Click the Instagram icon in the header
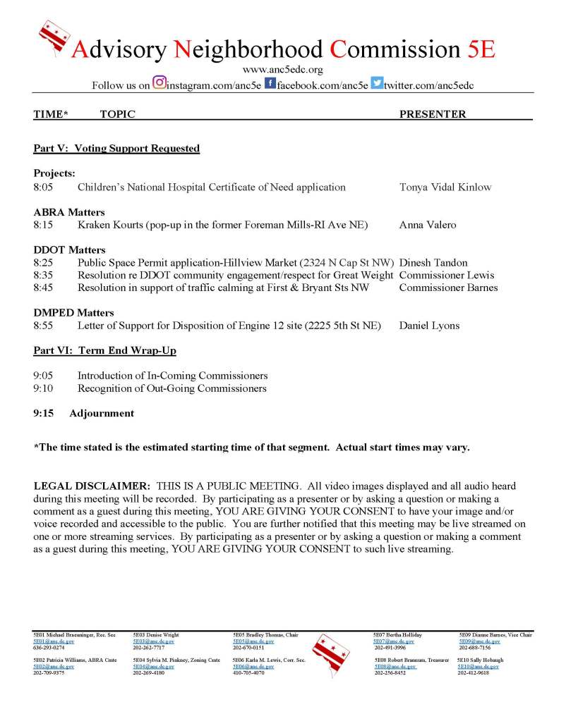(x=159, y=82)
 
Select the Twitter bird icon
(x=377, y=83)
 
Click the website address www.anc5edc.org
(x=282, y=70)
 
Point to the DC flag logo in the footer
(x=327, y=653)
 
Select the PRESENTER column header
(x=433, y=114)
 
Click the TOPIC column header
(x=117, y=114)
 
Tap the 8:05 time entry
(x=43, y=187)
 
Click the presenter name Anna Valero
(x=428, y=225)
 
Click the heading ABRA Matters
(x=69, y=212)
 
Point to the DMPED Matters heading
(x=73, y=313)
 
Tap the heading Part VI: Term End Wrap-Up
(x=104, y=350)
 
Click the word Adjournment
(x=102, y=414)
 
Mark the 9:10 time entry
(x=43, y=388)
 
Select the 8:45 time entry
(x=43, y=288)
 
